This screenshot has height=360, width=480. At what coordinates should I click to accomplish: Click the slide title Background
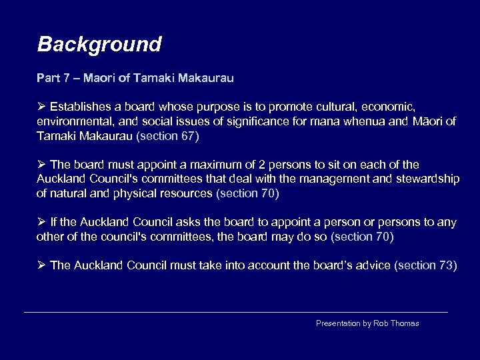click(99, 45)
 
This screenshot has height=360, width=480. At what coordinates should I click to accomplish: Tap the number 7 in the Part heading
click(66, 78)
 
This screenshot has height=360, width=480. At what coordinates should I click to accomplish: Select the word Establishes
click(81, 106)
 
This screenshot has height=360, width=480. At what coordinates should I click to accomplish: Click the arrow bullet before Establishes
click(41, 106)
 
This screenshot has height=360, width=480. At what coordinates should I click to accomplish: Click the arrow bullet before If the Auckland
click(41, 222)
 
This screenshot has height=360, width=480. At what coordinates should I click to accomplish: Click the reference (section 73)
click(426, 265)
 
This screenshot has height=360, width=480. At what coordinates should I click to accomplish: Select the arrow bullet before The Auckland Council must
click(41, 265)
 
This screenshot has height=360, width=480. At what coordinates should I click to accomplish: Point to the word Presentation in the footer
click(338, 323)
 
